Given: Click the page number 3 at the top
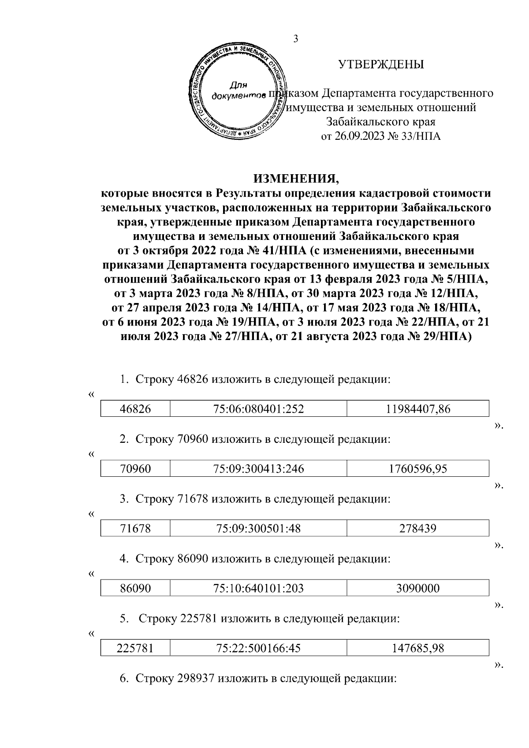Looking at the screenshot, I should click(296, 39).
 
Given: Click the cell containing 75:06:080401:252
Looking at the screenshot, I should click(258, 409).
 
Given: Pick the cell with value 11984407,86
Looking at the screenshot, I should click(418, 409).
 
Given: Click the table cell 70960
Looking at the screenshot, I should click(135, 469).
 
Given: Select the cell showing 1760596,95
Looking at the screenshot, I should click(418, 469).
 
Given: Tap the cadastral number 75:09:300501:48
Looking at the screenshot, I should click(258, 528).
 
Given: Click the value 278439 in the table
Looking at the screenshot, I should click(418, 528).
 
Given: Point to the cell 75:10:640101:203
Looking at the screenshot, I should click(258, 588).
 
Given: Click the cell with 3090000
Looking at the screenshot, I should click(418, 588).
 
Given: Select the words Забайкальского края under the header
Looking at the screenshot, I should click(381, 122).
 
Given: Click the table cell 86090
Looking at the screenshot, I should click(135, 588).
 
